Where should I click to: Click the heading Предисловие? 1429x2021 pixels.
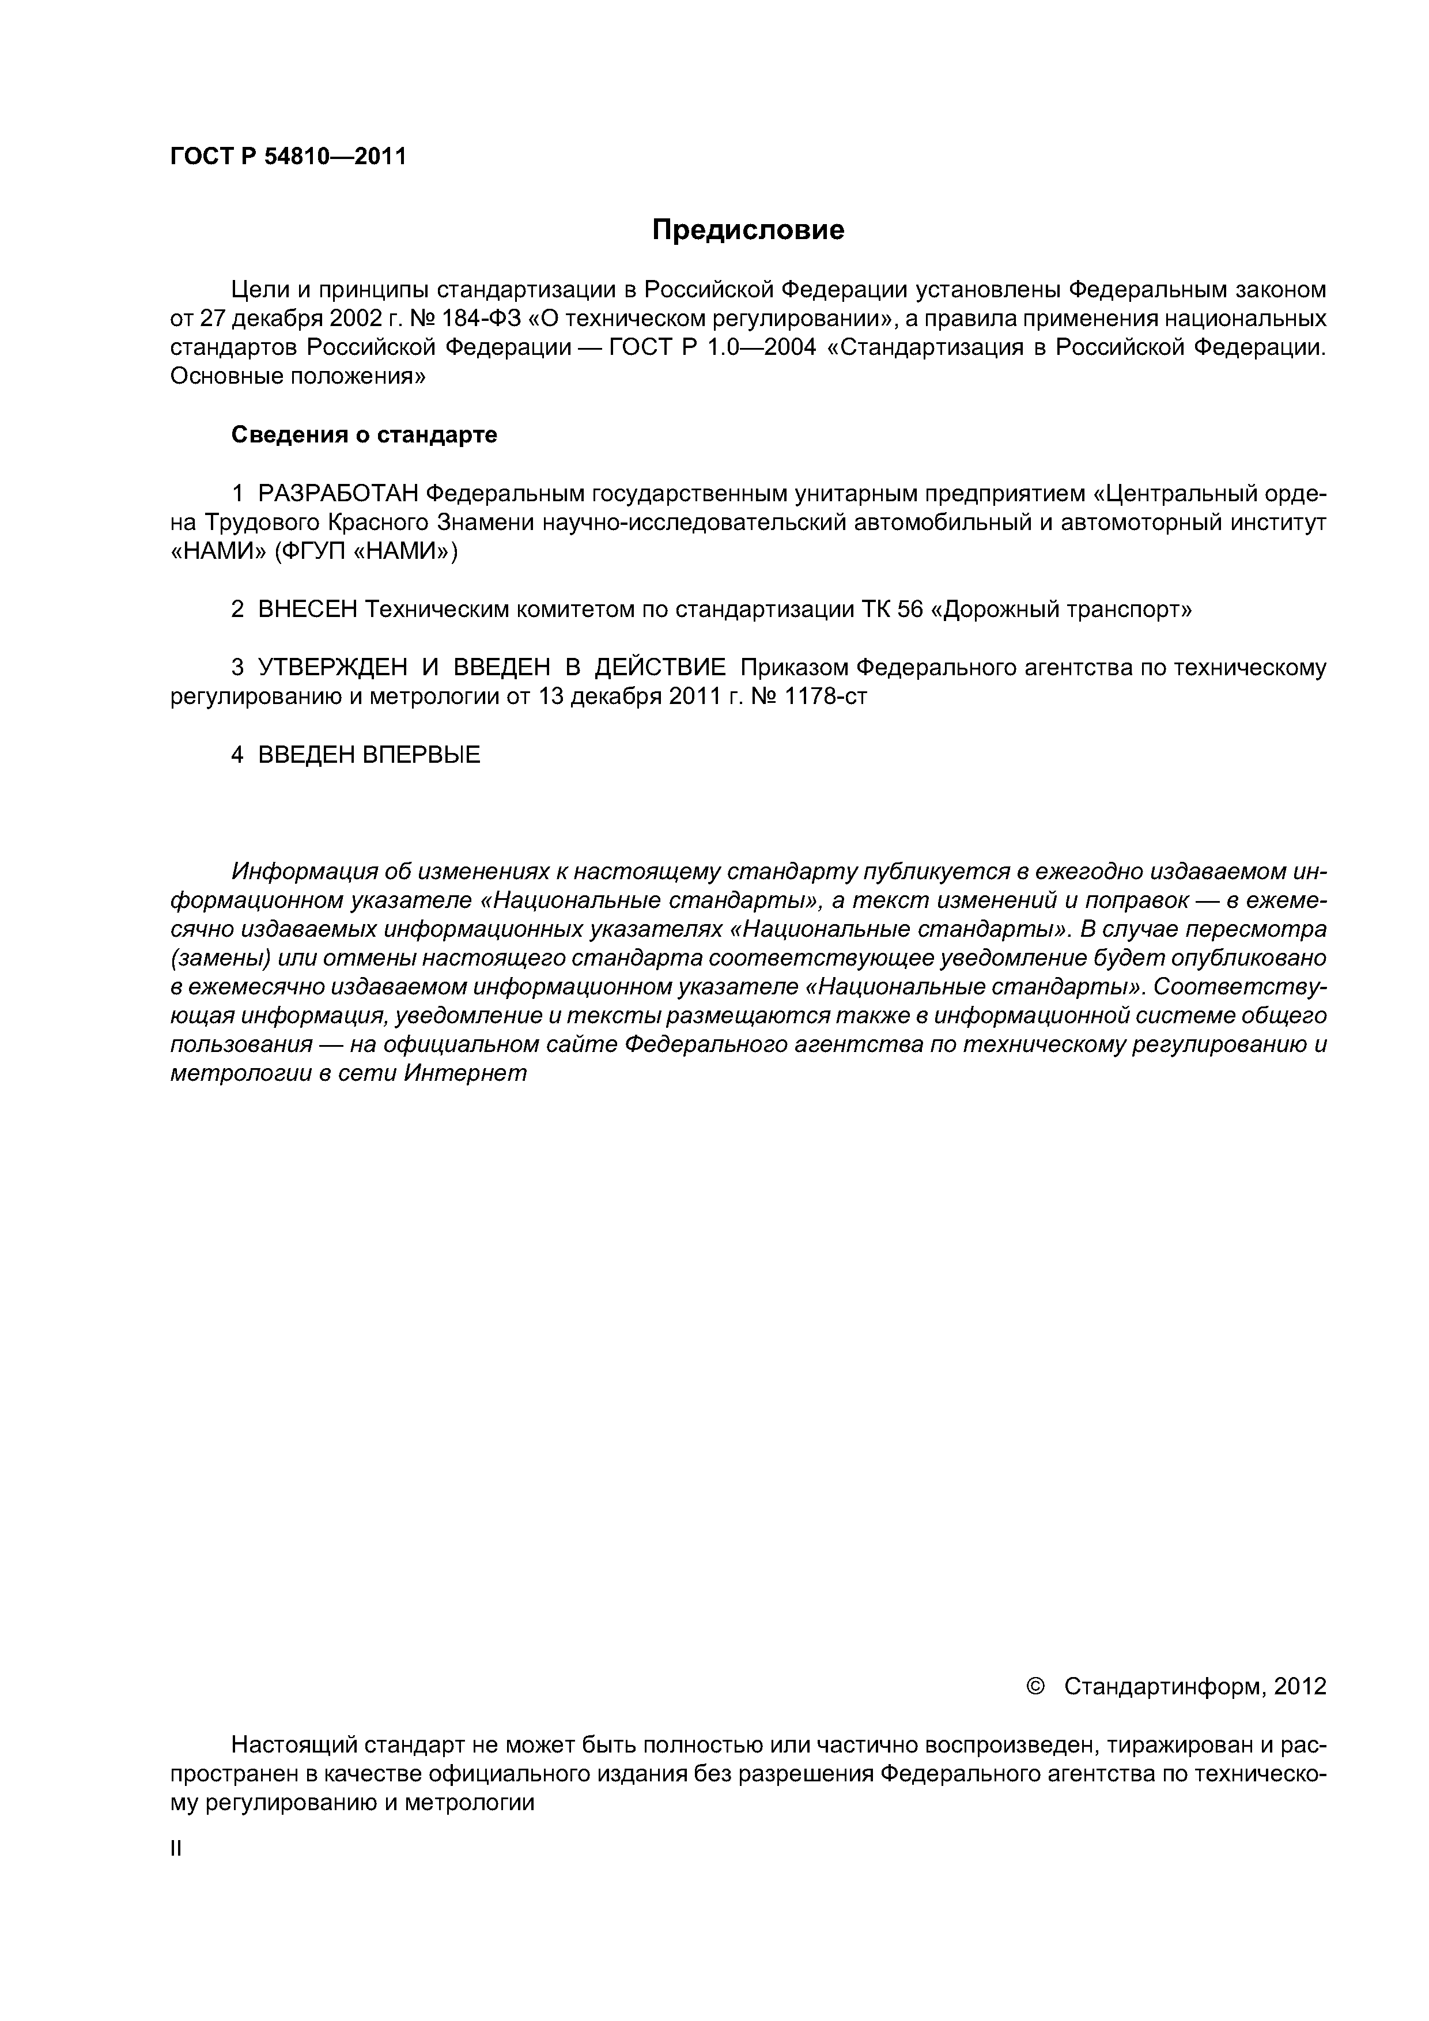747,230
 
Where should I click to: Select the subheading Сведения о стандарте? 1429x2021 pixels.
364,435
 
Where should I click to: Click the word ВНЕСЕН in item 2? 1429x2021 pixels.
307,609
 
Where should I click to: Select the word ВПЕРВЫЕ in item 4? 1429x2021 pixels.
421,754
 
